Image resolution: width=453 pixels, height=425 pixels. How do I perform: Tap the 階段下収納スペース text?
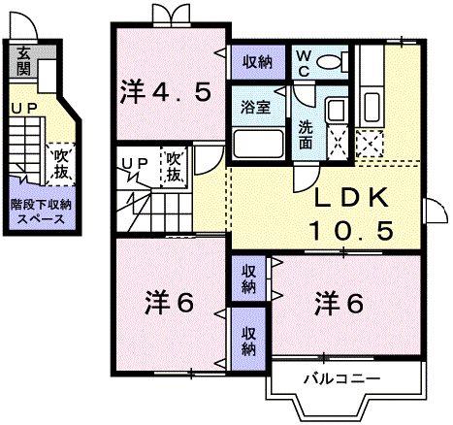click(39, 211)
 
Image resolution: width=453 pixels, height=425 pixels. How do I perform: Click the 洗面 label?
click(306, 133)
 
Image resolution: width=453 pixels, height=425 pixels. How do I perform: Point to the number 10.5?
click(351, 231)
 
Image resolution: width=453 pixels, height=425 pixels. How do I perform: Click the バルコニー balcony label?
click(344, 379)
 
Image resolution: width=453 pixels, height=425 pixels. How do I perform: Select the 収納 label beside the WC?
click(258, 60)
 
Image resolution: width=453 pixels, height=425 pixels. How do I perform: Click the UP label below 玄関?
click(21, 108)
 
